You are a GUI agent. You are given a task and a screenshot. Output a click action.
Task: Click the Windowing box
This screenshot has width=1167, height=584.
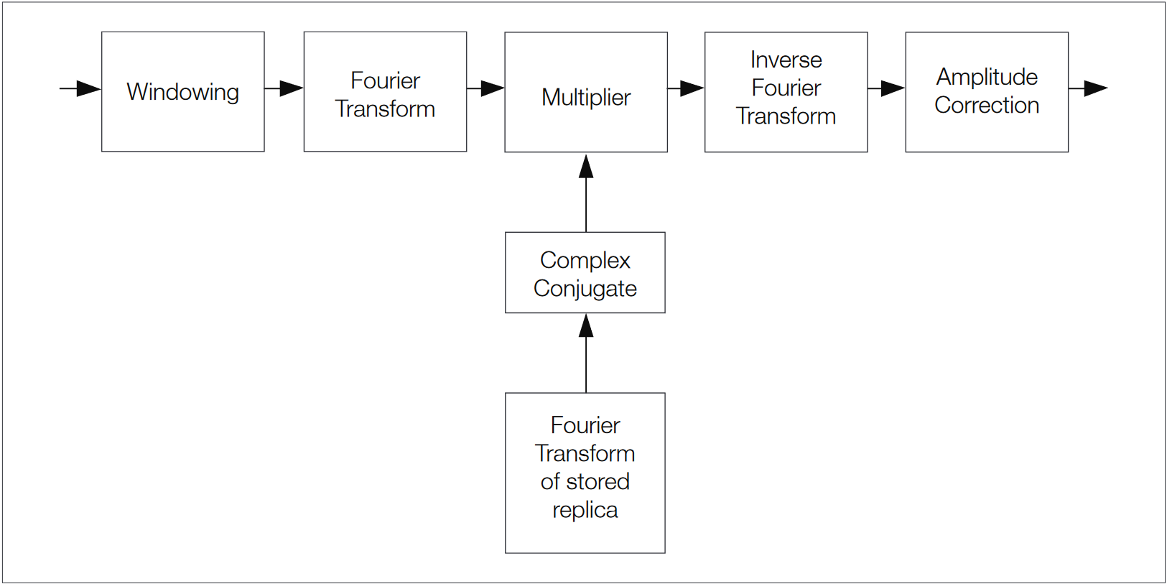point(182,91)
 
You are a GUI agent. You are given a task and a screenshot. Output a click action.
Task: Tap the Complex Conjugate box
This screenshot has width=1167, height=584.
point(585,273)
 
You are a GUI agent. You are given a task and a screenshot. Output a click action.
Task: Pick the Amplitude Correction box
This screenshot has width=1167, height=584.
point(986,92)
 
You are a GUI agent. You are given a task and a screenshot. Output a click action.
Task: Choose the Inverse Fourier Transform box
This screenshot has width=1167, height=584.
point(786,92)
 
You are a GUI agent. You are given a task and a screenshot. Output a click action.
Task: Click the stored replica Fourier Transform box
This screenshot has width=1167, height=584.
point(585,473)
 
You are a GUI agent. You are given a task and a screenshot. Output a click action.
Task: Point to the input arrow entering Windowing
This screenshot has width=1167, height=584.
point(80,88)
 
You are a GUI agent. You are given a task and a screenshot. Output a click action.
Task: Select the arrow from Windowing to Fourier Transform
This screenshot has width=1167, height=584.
point(284,88)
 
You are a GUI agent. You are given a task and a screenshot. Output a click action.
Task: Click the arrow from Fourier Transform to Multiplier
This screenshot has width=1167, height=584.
point(485,88)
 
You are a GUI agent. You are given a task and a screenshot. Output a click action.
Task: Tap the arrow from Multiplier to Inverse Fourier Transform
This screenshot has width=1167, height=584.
point(686,88)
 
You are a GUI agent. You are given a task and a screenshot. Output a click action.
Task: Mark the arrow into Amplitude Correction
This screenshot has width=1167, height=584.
point(886,88)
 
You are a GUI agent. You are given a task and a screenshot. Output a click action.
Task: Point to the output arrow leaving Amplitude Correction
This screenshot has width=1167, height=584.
point(1088,88)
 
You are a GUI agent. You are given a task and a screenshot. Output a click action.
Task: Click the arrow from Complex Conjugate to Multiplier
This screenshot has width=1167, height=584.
point(586,192)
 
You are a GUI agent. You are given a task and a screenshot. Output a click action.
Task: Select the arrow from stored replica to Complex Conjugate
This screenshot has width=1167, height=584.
point(586,353)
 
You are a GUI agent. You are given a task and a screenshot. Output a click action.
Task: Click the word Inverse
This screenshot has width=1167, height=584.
point(786,60)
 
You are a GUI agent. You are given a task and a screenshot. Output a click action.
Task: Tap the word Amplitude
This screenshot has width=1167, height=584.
point(987,77)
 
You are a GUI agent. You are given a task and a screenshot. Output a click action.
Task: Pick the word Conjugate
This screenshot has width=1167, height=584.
point(585,289)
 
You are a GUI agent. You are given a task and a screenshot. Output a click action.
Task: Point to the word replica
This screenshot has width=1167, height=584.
point(585,510)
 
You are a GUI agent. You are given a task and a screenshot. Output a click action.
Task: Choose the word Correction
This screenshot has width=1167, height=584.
point(987,106)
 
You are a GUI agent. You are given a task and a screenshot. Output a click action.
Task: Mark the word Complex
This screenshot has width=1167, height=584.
point(585,260)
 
